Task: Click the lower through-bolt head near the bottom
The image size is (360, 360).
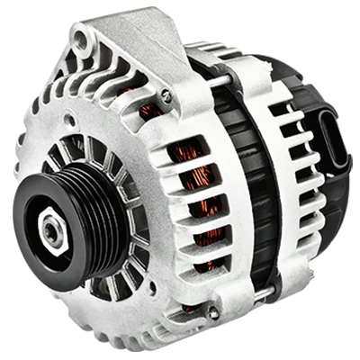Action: point(212,311)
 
